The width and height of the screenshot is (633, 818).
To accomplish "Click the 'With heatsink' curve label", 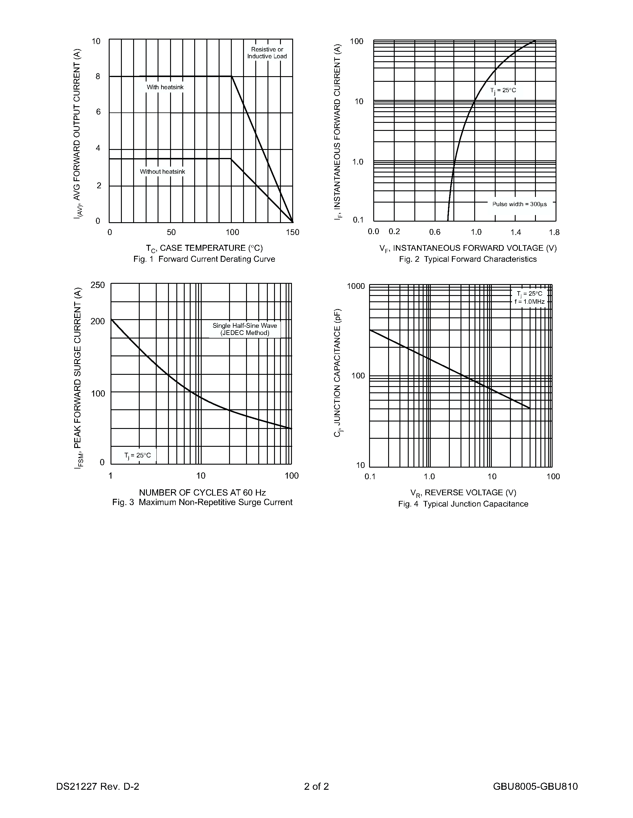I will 165,87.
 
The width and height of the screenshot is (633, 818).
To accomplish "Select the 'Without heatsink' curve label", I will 162,172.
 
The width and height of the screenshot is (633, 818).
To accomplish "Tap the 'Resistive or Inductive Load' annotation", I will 267,53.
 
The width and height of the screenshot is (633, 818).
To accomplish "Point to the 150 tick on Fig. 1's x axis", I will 293,233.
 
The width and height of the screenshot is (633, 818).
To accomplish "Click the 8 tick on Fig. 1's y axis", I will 98,77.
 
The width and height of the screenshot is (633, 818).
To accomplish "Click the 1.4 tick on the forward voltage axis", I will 516,233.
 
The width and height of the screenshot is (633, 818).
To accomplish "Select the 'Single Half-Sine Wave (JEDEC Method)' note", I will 245,329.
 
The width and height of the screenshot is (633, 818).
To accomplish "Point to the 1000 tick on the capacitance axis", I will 355,286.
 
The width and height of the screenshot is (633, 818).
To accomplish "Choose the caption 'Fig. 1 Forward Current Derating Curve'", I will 204,259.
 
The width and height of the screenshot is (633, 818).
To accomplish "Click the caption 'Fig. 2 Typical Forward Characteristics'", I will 468,259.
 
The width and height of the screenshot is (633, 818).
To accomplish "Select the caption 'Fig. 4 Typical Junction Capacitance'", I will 463,504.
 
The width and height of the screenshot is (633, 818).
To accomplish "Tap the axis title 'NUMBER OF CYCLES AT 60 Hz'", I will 202,493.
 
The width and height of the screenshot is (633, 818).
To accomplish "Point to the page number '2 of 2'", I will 316,786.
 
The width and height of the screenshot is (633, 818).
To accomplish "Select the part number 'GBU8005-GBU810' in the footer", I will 535,786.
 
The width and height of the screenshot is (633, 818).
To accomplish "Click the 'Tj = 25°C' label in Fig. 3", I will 138,455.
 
